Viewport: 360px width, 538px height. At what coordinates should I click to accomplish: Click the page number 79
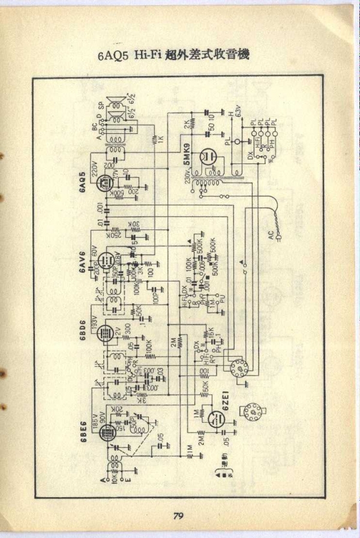[178, 515]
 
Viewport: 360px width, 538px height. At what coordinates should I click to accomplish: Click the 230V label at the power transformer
[187, 176]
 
